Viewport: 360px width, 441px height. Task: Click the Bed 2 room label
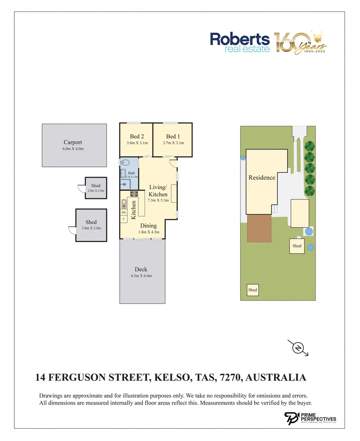tap(137, 136)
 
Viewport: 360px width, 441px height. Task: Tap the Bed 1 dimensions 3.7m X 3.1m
tap(173, 143)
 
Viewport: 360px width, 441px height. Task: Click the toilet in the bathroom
tap(125, 163)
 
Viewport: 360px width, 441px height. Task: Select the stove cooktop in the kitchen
tap(133, 194)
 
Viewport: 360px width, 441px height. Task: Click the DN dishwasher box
tap(124, 212)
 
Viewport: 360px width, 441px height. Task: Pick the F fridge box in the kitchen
tap(124, 219)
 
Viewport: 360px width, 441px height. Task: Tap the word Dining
tap(149, 225)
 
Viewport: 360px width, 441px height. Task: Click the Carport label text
tap(73, 143)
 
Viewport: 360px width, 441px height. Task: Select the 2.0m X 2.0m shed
tap(96, 188)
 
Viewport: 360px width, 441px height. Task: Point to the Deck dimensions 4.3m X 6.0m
tap(141, 276)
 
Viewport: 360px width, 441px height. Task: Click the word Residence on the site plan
tap(262, 178)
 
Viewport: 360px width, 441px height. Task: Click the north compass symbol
tap(298, 348)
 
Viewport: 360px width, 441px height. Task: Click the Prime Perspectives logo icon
tap(291, 419)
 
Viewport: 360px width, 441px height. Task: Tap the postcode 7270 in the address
tap(230, 377)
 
